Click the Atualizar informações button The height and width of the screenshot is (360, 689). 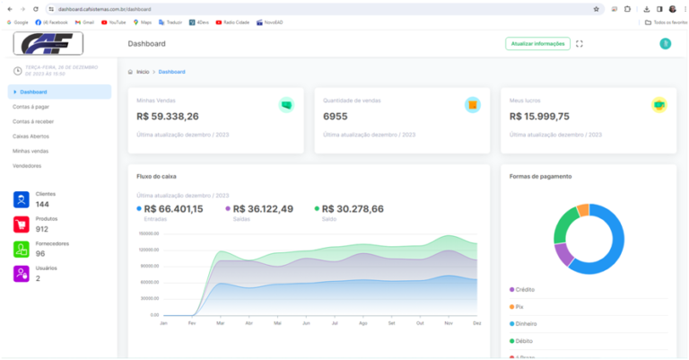pos(537,43)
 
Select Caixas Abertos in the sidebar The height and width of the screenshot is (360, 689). pos(31,136)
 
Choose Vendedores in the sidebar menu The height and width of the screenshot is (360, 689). pos(27,166)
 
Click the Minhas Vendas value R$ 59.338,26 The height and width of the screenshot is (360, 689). pos(168,116)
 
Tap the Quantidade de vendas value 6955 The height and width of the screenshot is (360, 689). pos(335,116)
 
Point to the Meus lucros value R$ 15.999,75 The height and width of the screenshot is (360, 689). pos(539,116)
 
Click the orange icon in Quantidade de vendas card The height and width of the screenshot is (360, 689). pos(472,104)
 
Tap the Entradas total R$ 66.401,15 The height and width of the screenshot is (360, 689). pos(173,209)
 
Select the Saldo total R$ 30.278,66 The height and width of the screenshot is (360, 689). pos(353,209)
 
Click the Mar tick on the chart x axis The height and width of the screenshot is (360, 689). pos(220,322)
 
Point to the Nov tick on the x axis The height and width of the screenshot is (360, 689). pos(449,322)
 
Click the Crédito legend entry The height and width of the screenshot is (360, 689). pos(526,289)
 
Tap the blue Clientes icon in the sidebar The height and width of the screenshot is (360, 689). pos(21,199)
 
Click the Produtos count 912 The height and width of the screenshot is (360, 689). pos(42,229)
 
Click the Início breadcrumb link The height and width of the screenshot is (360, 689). pos(143,71)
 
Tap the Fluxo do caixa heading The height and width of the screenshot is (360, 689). pos(156,176)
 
